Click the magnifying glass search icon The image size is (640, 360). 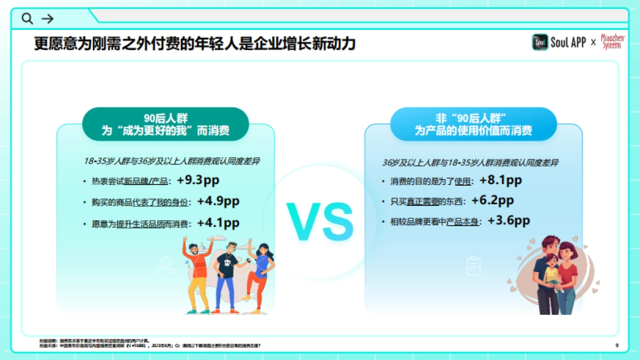[27, 19]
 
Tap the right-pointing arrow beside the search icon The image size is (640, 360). [47, 19]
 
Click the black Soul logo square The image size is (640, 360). [540, 43]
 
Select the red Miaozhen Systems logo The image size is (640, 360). [613, 42]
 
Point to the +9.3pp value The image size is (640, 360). [198, 180]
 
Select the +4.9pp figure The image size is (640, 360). [218, 202]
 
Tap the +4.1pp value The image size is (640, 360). [218, 223]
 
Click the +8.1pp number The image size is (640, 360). [500, 180]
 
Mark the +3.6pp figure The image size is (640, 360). [508, 220]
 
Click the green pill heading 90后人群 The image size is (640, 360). [165, 124]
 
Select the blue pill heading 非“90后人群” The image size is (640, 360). [474, 124]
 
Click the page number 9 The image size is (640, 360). [617, 346]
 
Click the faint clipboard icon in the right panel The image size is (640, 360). [474, 266]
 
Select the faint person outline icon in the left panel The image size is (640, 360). [165, 266]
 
